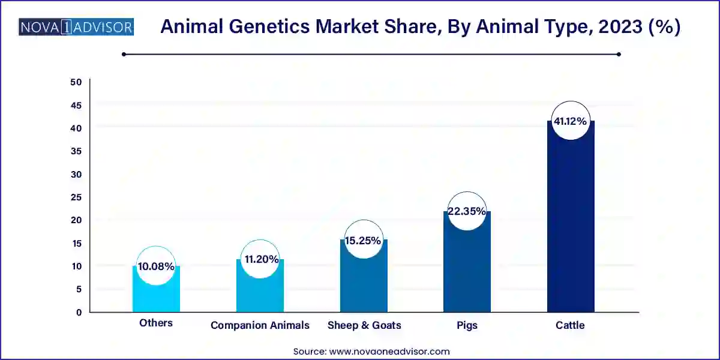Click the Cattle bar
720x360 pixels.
[571, 228]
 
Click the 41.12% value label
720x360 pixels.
[571, 121]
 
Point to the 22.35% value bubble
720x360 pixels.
[467, 211]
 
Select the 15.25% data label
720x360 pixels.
[363, 241]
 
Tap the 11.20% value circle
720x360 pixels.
[260, 259]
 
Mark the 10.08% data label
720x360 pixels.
[156, 266]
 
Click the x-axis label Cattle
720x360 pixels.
[570, 325]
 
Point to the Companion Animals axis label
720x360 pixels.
[260, 325]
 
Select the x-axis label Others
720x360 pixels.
[156, 323]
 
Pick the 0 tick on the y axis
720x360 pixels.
[79, 312]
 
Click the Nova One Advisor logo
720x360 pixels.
[76, 28]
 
